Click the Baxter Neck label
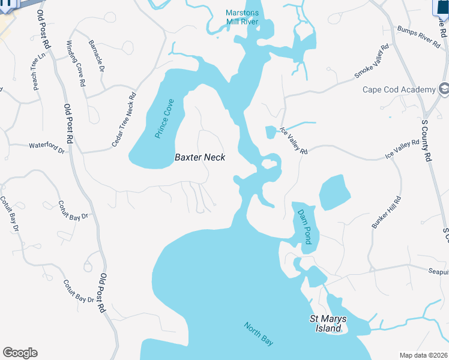pos(200,157)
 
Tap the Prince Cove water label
pos(164,119)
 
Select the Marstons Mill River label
pos(242,17)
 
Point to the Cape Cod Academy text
pos(399,90)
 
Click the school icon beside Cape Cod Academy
pos(444,89)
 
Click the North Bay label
pos(259,334)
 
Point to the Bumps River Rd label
pos(419,36)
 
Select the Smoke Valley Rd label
pos(372,62)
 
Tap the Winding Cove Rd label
pos(76,64)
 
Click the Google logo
pos(20,353)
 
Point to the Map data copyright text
pos(423,355)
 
